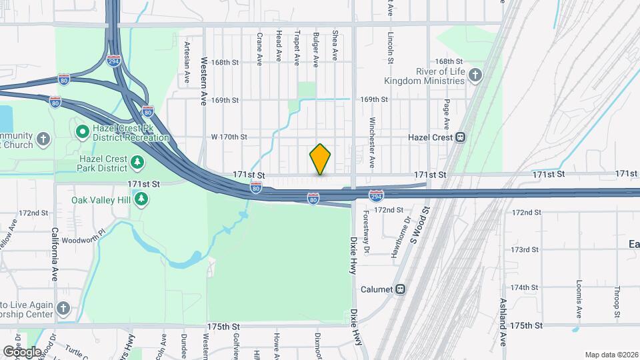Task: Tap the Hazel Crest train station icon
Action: click(459, 137)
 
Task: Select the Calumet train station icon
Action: click(400, 289)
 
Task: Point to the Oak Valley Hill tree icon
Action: click(140, 199)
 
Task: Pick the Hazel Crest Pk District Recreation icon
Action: click(83, 131)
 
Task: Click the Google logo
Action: click(21, 351)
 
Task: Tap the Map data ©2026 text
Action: click(611, 355)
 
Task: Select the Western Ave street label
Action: click(204, 81)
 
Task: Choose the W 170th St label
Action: click(229, 137)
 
